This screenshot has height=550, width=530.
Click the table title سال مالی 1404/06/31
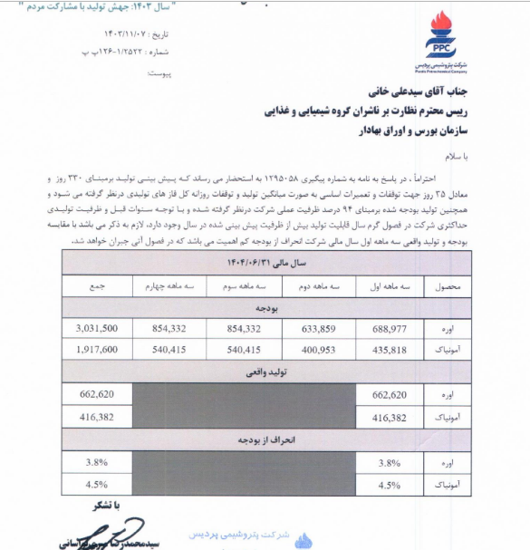tap(266, 261)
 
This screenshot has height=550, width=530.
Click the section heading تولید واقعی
tap(266, 371)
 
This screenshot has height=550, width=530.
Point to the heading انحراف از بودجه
tap(266, 439)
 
